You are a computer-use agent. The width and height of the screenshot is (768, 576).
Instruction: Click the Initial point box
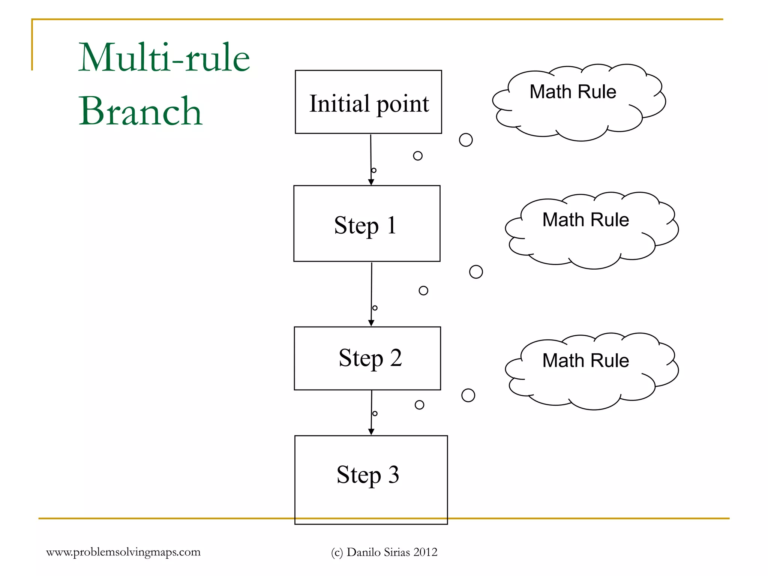pos(368,102)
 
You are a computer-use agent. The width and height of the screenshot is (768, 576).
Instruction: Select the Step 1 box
pos(366,223)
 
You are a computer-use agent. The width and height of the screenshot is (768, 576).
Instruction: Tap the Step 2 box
pos(367,358)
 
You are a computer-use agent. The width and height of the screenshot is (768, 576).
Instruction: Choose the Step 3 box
pos(371,480)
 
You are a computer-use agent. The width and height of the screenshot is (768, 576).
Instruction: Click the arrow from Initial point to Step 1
pos(371,157)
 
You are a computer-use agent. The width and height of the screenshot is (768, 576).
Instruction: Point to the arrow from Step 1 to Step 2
pos(371,292)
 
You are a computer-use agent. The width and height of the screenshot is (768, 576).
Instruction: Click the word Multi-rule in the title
pos(164,58)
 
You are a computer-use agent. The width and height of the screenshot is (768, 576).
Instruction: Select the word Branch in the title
pos(140,111)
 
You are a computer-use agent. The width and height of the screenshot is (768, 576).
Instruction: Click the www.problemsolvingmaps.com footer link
pos(123,552)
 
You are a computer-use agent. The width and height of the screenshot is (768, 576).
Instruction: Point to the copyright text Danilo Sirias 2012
pos(392,552)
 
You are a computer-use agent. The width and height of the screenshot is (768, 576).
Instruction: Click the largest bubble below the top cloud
pos(466,140)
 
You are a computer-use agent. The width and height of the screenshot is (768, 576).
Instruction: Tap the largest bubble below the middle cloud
pos(476,271)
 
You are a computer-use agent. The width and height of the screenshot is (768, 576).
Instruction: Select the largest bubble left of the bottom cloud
pos(468,395)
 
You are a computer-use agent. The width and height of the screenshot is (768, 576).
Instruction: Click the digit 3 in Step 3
pos(393,474)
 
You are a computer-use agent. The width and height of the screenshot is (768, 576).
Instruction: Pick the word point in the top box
pos(402,104)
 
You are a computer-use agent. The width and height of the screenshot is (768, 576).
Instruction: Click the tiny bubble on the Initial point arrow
pos(374,170)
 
